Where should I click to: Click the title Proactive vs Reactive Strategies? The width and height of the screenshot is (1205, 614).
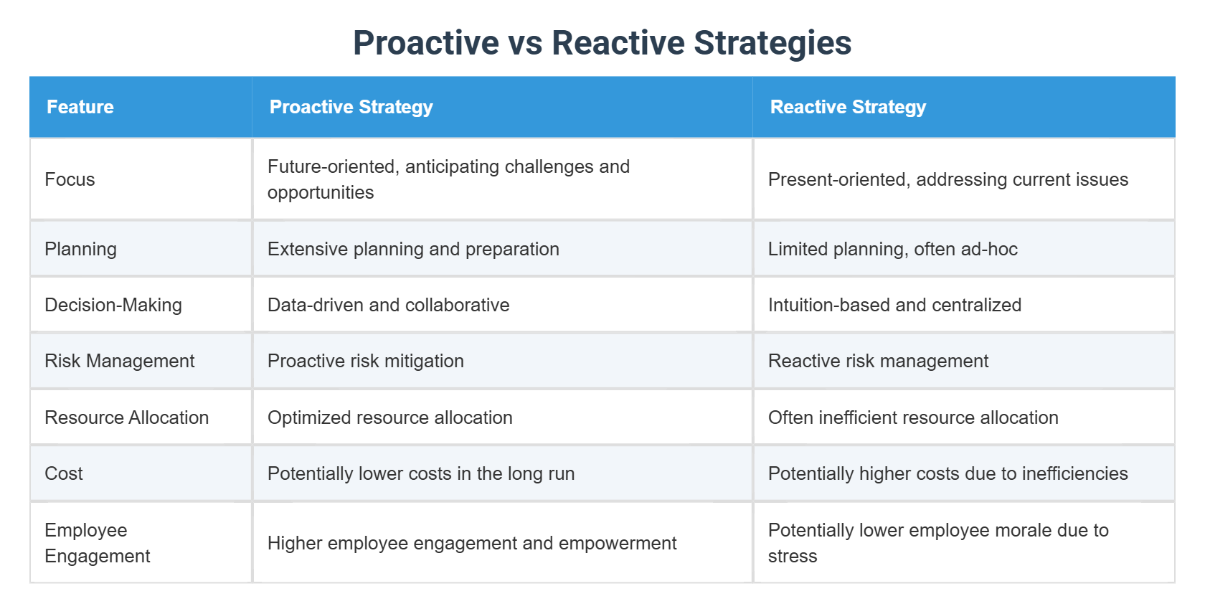click(x=602, y=43)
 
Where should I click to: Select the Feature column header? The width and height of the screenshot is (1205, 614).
click(x=80, y=107)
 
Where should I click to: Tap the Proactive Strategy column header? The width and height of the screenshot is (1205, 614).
click(x=351, y=107)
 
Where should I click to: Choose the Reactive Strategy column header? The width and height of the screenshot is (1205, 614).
click(x=848, y=107)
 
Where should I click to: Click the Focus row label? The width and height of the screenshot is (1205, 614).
click(x=70, y=179)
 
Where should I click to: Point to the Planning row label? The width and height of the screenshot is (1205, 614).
click(x=80, y=249)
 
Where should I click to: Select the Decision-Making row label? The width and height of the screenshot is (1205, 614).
click(x=113, y=305)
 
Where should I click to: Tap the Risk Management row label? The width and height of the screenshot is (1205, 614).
click(x=119, y=361)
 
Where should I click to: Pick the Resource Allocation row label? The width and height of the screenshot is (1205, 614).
click(x=126, y=417)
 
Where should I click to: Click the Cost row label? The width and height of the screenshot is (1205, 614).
click(x=64, y=473)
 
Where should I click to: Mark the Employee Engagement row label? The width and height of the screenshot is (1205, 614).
click(x=98, y=543)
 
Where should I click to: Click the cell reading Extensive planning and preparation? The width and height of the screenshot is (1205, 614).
click(x=413, y=249)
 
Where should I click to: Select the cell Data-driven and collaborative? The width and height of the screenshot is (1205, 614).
click(x=388, y=305)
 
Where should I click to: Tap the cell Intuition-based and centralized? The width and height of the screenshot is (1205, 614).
click(x=894, y=305)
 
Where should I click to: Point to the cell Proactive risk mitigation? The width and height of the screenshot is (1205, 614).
click(x=366, y=361)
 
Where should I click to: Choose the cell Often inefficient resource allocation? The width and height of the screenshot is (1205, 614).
click(x=913, y=417)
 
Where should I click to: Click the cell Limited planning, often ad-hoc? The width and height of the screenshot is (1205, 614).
click(x=892, y=249)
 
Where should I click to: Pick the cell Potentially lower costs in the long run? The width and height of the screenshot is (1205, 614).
click(x=421, y=473)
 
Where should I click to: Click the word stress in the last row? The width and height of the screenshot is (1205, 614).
click(x=793, y=557)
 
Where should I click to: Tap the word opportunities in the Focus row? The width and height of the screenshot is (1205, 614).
click(x=321, y=193)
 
